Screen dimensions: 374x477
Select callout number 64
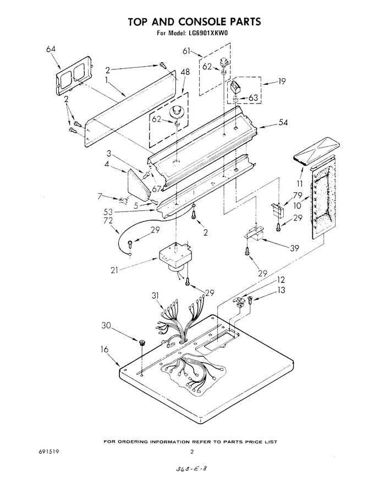click(51, 49)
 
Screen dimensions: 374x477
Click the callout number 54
click(283, 122)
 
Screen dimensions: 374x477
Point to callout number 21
click(114, 269)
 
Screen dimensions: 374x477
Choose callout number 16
click(105, 349)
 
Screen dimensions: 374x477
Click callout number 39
click(294, 248)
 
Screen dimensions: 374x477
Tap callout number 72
click(108, 220)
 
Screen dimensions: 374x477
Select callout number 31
click(156, 295)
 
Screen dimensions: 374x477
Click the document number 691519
click(47, 452)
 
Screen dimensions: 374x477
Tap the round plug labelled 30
click(142, 343)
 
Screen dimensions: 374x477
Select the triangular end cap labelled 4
click(139, 183)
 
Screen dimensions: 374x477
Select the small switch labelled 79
click(277, 210)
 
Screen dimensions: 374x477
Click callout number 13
click(281, 290)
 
